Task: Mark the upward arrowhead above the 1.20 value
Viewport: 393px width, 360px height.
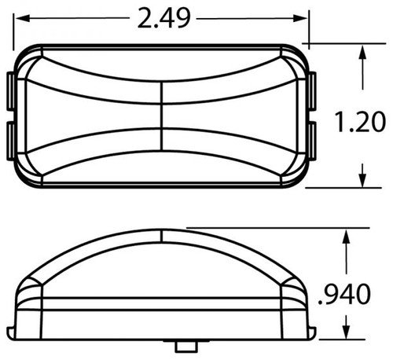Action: click(362, 53)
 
